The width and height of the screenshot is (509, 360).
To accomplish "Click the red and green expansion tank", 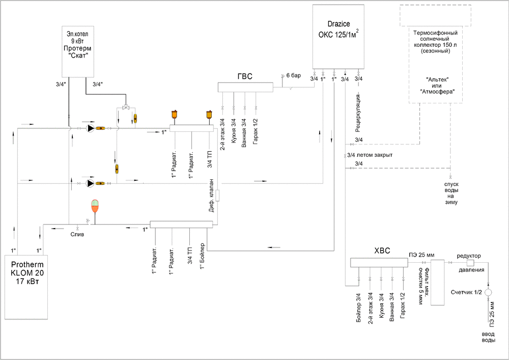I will [95, 206].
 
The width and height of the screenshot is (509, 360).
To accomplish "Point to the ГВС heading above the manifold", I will [245, 77].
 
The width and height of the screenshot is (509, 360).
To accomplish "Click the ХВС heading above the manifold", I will [382, 250].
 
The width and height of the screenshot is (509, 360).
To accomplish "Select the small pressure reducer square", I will [470, 263].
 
